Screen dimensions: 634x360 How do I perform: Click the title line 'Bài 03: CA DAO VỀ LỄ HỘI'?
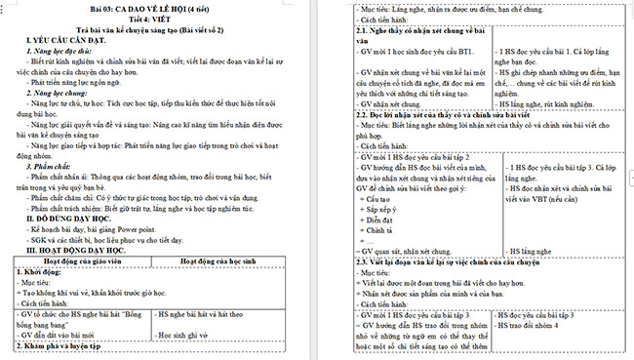[x=160, y=8]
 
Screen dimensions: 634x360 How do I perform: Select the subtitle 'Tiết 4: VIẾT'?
[x=161, y=19]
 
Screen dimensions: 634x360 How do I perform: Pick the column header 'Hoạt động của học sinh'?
[x=235, y=261]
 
